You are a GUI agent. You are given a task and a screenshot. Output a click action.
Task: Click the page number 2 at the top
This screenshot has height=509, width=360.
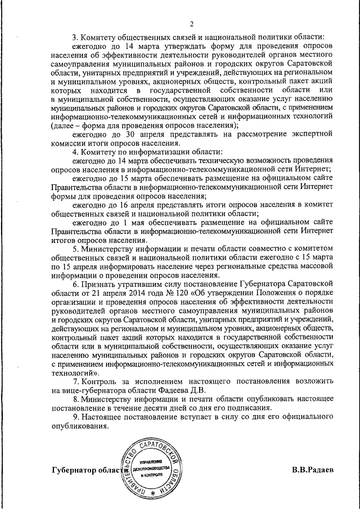tap(191, 24)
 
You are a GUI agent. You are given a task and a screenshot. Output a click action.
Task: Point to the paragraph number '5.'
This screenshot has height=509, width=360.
tap(78, 249)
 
